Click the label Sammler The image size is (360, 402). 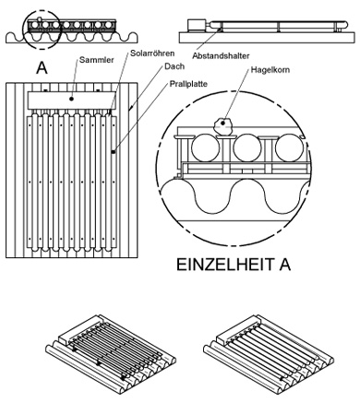96,60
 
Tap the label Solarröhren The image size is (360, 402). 152,53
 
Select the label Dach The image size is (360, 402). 174,66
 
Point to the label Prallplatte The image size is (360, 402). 188,84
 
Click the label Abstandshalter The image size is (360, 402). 221,56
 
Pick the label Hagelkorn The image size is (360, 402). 270,69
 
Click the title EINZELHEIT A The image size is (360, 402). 234,265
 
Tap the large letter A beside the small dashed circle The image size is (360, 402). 42,68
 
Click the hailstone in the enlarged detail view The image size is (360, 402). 223,126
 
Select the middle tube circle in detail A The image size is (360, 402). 247,148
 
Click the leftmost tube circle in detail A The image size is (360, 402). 206,148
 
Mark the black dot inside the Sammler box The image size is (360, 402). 71,99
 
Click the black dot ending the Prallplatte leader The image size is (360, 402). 114,152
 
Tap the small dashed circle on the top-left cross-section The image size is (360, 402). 42,30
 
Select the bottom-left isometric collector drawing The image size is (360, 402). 111,349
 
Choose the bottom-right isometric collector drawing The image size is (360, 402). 269,349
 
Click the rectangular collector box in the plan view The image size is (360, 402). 72,100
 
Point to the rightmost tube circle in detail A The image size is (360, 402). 290,148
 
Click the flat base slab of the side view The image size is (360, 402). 266,37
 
